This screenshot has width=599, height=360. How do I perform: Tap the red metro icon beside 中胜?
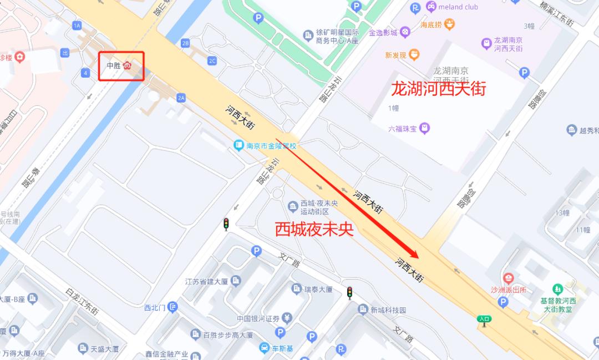pos(127,65)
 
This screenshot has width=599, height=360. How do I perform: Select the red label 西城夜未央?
pos(314,230)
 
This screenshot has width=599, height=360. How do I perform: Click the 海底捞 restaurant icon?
pos(449,24)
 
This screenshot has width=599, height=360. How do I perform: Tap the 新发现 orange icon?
pos(414,54)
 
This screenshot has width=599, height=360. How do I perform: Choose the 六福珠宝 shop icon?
pos(425,128)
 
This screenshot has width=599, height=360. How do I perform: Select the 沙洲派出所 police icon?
pos(508,278)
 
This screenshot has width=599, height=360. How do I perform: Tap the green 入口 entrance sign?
pos(484,319)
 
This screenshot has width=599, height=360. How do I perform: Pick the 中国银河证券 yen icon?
pos(286,318)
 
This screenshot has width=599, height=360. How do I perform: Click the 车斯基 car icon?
pos(264,348)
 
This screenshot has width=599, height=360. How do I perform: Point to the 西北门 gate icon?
pos(172,306)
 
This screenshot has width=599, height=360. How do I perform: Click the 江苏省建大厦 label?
pos(206,281)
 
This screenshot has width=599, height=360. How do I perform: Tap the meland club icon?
pos(430,7)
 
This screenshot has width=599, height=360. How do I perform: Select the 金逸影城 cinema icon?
pos(406,32)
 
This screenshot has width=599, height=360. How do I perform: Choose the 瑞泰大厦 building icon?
pos(297,288)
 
